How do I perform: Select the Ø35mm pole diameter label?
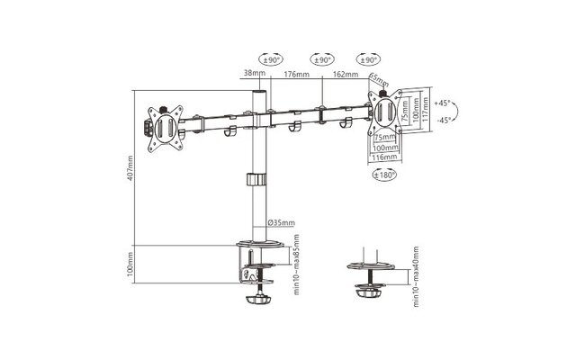point(279,221)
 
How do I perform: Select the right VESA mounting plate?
point(385,112)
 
